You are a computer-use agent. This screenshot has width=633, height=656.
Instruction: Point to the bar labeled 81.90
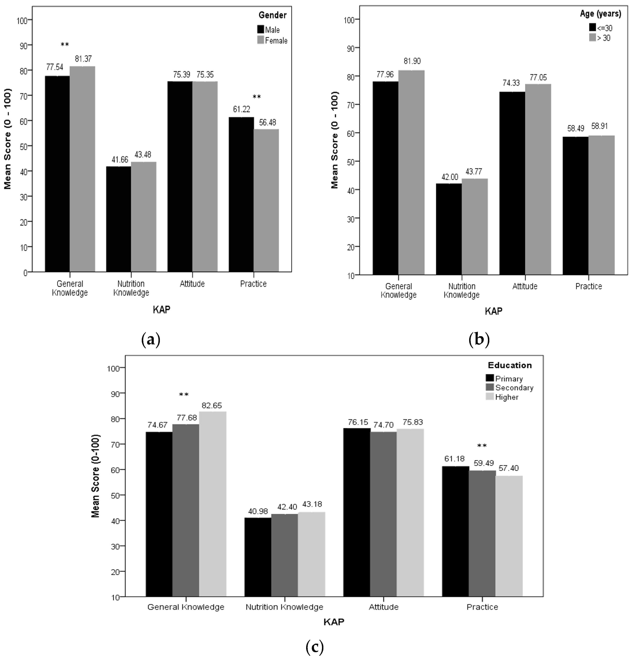click(x=411, y=172)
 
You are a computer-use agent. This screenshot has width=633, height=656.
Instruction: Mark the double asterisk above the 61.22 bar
click(x=257, y=97)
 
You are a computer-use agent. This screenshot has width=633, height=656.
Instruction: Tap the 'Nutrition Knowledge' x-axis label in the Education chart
click(x=284, y=607)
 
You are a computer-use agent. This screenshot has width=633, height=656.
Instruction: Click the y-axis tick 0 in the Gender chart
click(x=25, y=273)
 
